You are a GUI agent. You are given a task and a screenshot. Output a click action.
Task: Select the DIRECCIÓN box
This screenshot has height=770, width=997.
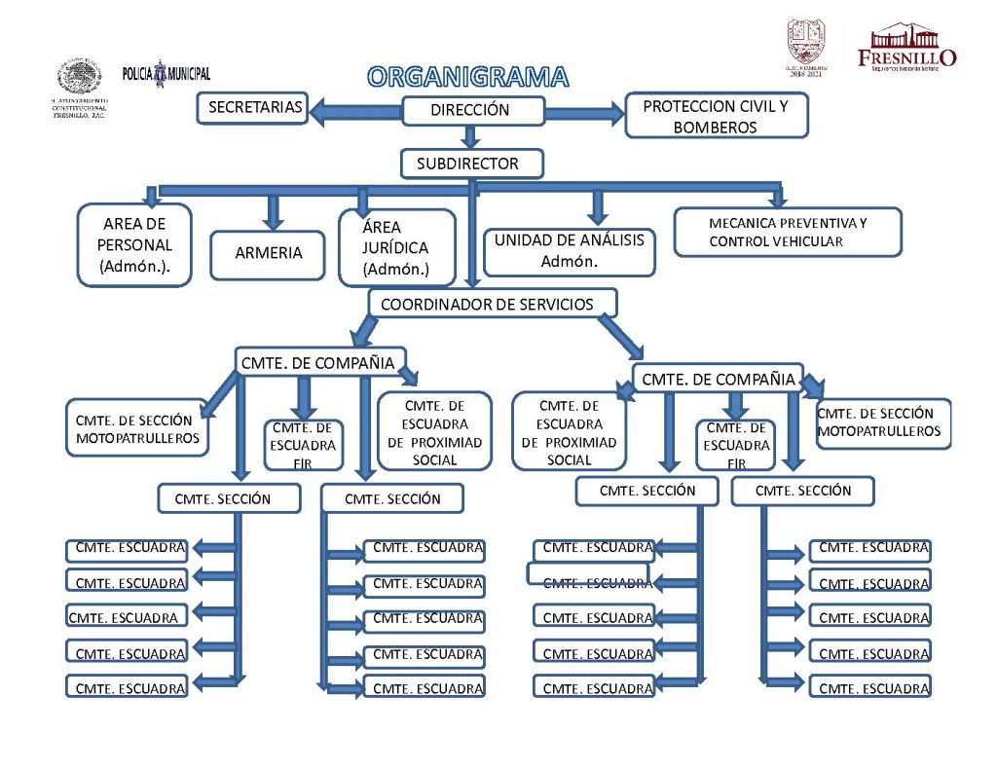pos(470,111)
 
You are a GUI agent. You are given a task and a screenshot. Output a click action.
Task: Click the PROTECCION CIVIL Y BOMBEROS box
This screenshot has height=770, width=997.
pos(716,117)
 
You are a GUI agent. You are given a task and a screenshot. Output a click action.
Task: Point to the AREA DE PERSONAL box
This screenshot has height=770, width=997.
pos(134,245)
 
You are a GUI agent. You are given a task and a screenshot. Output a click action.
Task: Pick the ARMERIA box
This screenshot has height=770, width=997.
pos(269,253)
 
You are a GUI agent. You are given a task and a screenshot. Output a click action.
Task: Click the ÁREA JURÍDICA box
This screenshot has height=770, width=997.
pos(395,248)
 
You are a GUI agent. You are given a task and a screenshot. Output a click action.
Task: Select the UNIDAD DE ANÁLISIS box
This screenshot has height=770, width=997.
pos(569,250)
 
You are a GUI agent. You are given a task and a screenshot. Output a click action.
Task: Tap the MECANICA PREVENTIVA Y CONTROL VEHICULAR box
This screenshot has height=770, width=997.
pos(788,232)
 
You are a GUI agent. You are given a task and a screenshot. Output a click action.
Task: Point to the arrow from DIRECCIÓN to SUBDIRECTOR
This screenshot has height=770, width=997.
pos(470,137)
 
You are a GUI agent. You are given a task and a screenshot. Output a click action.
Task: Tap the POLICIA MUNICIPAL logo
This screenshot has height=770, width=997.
pos(166,74)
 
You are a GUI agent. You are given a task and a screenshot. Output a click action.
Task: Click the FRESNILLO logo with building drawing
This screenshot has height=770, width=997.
pos(907,47)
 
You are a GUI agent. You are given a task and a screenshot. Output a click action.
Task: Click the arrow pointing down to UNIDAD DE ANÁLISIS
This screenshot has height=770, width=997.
pos(598,205)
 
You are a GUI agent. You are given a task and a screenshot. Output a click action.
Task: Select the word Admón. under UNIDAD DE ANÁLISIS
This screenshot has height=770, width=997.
pos(569,261)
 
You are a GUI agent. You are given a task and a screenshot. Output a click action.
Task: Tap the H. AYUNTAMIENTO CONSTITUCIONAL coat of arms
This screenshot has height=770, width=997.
pos(78,78)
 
